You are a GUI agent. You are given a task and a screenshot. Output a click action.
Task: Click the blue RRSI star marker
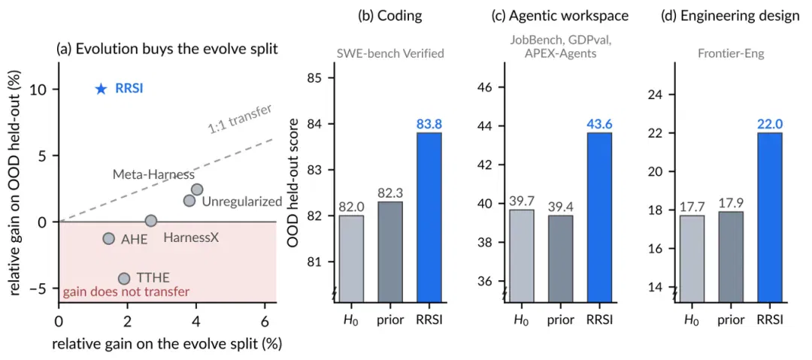(x=101, y=89)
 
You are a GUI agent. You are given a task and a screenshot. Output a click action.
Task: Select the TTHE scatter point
(x=124, y=279)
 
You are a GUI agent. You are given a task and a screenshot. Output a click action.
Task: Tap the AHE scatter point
(x=108, y=238)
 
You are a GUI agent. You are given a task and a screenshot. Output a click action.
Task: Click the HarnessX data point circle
(x=150, y=221)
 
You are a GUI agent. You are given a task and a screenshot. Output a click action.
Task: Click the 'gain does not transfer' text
(x=126, y=292)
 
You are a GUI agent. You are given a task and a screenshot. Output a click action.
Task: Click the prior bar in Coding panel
(x=390, y=251)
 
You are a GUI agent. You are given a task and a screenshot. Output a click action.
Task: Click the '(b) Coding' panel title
(x=390, y=16)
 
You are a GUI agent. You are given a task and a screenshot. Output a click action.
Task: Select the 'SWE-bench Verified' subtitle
(x=390, y=53)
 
